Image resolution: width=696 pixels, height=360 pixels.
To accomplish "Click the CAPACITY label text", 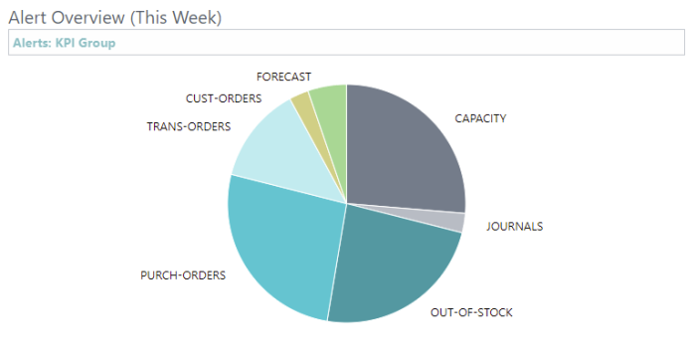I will (x=480, y=118).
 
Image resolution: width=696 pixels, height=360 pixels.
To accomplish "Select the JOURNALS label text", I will (x=514, y=226).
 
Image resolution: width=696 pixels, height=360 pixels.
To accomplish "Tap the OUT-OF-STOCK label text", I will (x=471, y=313).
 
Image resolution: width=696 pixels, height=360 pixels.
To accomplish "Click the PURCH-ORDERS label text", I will (x=183, y=274).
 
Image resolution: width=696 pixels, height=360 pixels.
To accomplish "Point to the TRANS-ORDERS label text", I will (x=188, y=126).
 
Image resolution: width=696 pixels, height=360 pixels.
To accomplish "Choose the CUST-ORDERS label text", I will (x=223, y=98).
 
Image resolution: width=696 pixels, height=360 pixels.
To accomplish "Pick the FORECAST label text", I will (x=283, y=77).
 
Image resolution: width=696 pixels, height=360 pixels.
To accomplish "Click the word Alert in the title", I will (x=29, y=18).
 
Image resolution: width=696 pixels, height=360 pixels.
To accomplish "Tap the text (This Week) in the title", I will (x=178, y=18).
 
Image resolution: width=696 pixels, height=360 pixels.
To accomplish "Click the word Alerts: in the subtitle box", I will (x=32, y=43).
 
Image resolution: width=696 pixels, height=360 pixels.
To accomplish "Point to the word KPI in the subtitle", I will (x=70, y=43).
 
